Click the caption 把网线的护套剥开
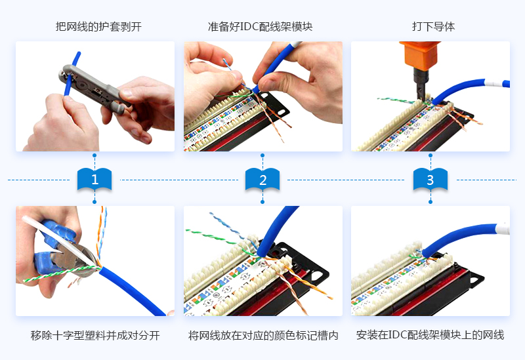(x=98, y=26)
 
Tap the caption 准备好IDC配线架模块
(x=260, y=26)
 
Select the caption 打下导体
(x=433, y=26)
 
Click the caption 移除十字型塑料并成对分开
(x=95, y=335)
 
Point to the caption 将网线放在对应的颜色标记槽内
(x=263, y=335)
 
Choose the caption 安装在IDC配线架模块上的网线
(x=430, y=335)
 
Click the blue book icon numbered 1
(x=94, y=179)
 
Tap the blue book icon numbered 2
(x=262, y=179)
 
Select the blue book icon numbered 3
(x=430, y=179)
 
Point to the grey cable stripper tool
(x=95, y=89)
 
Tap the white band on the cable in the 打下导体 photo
(x=493, y=83)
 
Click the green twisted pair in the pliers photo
(x=62, y=273)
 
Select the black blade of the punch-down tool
(x=420, y=83)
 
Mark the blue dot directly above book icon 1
(x=94, y=155)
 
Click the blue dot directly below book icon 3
(x=430, y=202)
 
